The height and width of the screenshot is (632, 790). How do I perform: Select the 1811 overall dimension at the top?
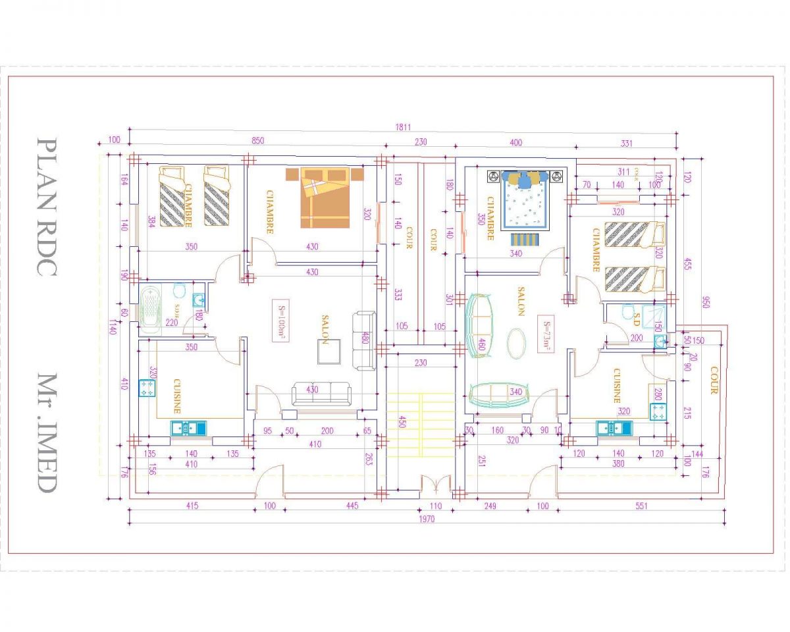401,126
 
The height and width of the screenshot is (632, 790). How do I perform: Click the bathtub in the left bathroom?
153,307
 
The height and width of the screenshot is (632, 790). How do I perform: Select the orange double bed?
325,197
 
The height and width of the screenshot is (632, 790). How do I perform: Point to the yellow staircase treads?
420,425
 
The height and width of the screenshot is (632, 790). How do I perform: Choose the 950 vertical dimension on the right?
705,302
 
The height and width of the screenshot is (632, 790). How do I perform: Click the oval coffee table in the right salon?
517,343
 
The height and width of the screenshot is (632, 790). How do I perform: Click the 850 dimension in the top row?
258,141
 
